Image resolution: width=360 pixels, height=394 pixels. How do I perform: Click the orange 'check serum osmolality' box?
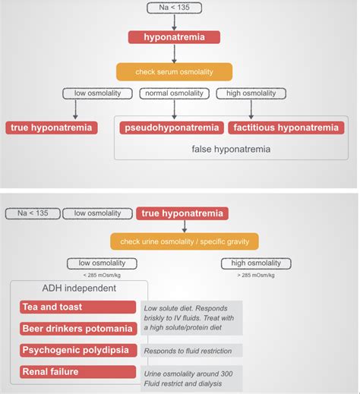click(x=174, y=71)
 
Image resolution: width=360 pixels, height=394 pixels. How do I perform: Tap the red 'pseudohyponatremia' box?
click(x=170, y=128)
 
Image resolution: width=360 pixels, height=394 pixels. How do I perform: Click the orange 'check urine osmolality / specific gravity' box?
click(x=184, y=242)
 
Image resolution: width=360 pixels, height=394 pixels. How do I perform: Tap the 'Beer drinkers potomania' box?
click(x=79, y=329)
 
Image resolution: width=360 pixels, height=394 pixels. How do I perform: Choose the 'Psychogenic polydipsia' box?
click(x=79, y=351)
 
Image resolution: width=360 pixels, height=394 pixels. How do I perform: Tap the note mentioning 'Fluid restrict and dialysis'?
click(x=191, y=377)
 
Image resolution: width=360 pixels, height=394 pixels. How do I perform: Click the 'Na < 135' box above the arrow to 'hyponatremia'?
click(x=174, y=9)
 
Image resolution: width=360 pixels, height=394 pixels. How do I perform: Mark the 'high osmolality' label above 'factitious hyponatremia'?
click(x=246, y=93)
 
